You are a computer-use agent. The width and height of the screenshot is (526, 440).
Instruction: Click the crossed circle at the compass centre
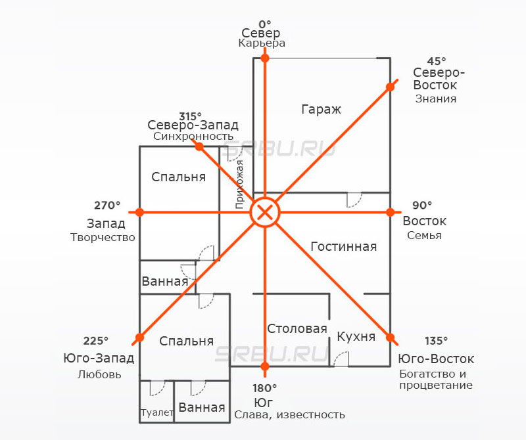265,212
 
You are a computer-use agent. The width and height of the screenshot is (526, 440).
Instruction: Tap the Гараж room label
321,110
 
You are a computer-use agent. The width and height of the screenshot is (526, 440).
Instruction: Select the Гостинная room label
343,247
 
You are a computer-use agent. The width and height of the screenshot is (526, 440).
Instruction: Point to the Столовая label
297,329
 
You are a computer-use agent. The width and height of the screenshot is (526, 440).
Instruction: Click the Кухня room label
356,337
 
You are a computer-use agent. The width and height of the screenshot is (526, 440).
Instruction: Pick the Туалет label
156,412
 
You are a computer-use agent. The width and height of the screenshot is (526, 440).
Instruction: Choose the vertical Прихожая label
240,184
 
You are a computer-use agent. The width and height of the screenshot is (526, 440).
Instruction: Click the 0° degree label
264,23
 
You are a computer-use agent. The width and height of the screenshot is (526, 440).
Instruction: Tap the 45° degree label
436,59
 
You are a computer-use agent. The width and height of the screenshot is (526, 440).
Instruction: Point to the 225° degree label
96,341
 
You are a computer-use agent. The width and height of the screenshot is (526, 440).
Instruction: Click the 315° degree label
190,116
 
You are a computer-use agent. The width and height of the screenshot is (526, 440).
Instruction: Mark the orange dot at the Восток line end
391,212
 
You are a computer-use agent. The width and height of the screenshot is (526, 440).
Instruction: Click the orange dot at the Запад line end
139,212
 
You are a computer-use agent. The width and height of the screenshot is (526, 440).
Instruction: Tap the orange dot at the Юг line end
265,366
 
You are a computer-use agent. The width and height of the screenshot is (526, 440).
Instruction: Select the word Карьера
262,43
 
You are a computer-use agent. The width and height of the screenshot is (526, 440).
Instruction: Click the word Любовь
99,375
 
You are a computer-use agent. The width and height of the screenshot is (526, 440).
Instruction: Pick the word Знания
435,99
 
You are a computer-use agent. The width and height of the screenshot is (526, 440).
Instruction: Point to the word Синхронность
193,137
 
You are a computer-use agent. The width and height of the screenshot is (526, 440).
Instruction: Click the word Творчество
103,237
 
